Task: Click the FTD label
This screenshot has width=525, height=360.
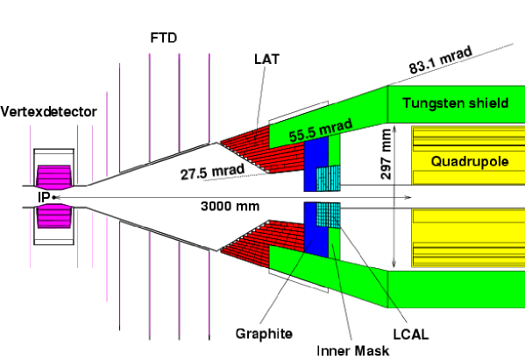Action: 163,38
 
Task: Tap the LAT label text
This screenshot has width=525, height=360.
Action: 266,60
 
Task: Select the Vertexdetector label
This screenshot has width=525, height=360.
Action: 48,111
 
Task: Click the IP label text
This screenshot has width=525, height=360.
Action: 44,197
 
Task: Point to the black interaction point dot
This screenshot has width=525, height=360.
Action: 53,197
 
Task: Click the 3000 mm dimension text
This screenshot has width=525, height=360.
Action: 230,206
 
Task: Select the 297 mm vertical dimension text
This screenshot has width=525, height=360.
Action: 386,154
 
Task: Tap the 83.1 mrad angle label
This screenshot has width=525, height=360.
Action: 441,60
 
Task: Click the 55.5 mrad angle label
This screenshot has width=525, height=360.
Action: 321,131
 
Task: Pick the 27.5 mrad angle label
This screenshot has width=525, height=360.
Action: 213,172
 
